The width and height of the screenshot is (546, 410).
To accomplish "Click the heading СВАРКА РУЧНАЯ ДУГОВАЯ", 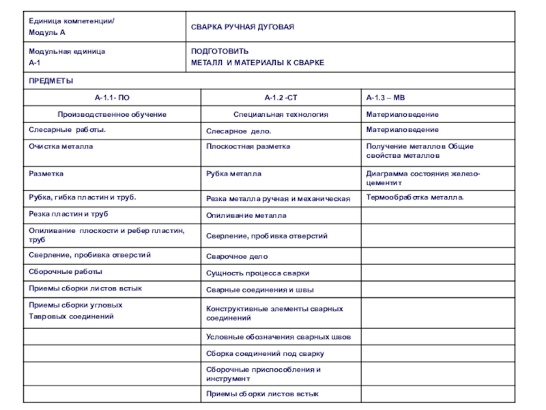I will tap(242, 27).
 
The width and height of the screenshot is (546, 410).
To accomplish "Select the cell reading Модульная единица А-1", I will tap(67, 57).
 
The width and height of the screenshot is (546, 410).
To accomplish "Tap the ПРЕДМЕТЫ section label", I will tap(51, 81).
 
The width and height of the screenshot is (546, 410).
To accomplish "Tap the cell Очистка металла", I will tap(61, 146).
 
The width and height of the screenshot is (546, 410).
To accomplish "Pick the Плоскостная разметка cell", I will tap(248, 146).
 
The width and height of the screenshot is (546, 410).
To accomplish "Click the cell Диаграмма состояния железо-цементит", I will tap(423, 178).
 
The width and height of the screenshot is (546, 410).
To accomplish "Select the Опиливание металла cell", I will tap(246, 215).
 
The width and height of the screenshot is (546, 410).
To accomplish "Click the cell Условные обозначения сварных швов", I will tap(279, 337).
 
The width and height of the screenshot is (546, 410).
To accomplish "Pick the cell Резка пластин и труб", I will tap(68, 214).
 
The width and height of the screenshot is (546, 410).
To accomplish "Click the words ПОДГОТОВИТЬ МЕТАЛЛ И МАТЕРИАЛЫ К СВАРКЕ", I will tap(257, 57).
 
